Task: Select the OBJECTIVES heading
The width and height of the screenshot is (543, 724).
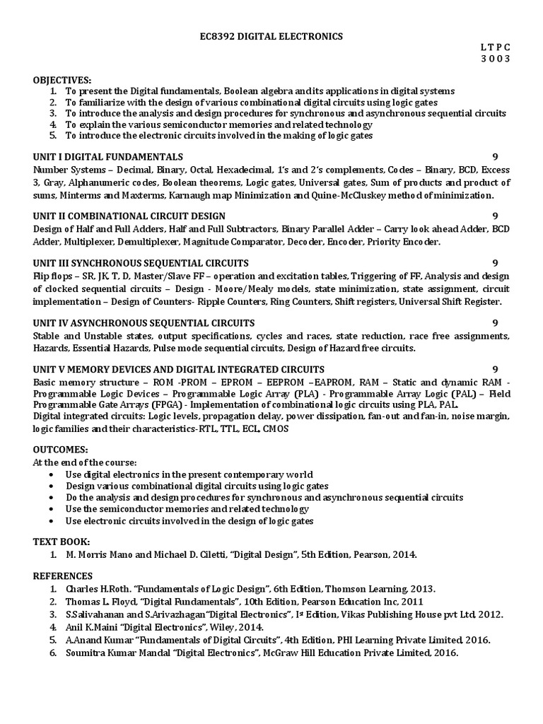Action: (62, 80)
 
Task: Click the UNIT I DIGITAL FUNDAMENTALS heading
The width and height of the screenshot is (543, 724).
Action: (108, 156)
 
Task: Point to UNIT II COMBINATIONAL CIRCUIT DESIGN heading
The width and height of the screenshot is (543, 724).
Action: (129, 216)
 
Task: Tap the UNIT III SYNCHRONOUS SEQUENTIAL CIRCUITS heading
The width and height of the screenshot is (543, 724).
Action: (139, 263)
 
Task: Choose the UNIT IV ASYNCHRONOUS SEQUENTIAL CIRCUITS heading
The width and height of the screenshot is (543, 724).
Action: (144, 322)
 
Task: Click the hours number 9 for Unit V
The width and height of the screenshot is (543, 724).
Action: (496, 369)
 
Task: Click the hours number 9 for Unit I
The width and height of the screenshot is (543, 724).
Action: (496, 156)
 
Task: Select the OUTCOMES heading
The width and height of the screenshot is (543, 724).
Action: (60, 450)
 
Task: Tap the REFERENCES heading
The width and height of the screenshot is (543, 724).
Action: (63, 576)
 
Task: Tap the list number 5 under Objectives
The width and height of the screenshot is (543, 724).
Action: (53, 135)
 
